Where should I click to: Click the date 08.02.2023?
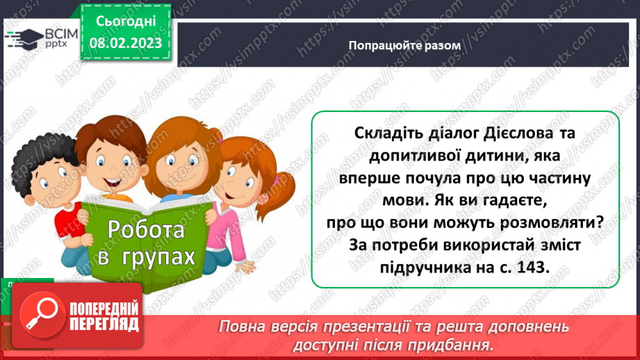pyautogui.click(x=126, y=43)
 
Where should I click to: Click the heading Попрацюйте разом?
pyautogui.click(x=404, y=44)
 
